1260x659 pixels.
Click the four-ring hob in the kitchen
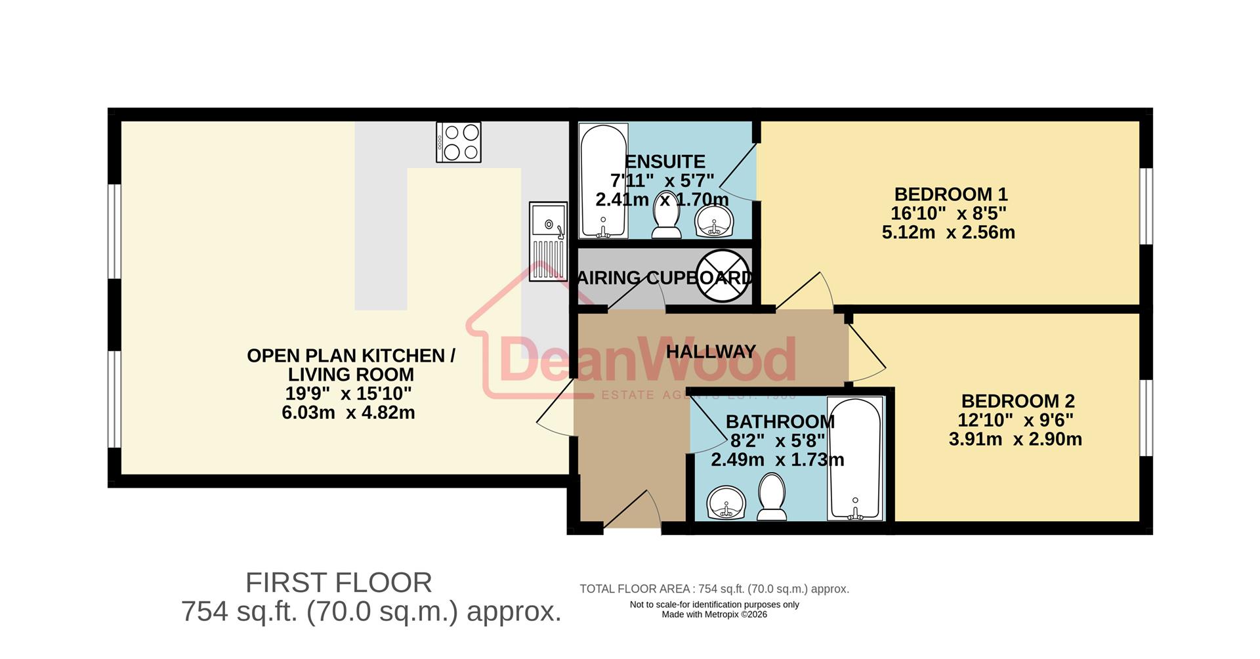[x=459, y=142]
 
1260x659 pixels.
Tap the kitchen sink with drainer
[x=548, y=241]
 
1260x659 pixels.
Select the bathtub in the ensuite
[x=602, y=181]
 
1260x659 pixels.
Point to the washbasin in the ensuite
[x=714, y=221]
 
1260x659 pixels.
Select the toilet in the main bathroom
[x=772, y=498]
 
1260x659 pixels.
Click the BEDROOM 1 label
[x=950, y=194]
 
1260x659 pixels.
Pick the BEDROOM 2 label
[x=1017, y=400]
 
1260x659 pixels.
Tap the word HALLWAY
[x=711, y=352]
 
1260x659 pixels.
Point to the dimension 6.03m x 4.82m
[x=348, y=413]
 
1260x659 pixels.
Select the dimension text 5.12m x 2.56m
[x=948, y=232]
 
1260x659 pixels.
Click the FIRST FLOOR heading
[x=339, y=583]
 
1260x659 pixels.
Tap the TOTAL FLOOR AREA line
[x=714, y=589]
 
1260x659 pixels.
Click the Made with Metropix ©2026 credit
[x=714, y=614]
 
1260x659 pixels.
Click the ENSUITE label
[x=665, y=161]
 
